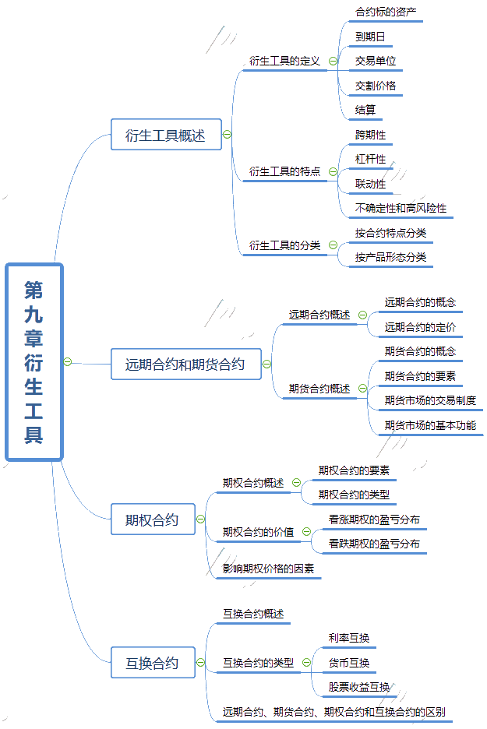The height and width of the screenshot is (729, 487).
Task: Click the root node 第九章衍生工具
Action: [34, 361]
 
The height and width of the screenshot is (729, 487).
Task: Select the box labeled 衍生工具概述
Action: [166, 135]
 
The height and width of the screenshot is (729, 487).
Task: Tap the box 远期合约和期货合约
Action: [185, 364]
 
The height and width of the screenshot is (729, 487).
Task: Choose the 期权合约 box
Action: [153, 519]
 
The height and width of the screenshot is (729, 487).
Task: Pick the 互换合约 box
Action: [153, 663]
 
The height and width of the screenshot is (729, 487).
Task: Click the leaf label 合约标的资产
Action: [386, 12]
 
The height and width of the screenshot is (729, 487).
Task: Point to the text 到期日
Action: [370, 37]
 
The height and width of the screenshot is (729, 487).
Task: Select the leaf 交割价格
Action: [376, 86]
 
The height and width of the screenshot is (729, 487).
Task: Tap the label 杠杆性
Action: [370, 159]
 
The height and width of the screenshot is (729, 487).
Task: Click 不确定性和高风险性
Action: [401, 208]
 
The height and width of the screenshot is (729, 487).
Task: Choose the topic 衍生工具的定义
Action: [284, 61]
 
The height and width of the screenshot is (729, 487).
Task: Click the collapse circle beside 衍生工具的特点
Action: [333, 171]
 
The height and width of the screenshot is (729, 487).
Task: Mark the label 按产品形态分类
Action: [390, 257]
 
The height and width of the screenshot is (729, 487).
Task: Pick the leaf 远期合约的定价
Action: [420, 327]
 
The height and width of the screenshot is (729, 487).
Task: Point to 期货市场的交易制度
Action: [430, 400]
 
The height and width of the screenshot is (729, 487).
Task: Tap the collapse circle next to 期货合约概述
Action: [363, 389]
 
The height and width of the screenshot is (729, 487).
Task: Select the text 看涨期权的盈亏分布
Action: [375, 519]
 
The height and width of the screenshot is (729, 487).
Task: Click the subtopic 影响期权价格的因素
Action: [268, 568]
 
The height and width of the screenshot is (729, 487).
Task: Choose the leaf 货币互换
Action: [349, 663]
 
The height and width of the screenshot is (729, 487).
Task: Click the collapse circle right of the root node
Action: [68, 361]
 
